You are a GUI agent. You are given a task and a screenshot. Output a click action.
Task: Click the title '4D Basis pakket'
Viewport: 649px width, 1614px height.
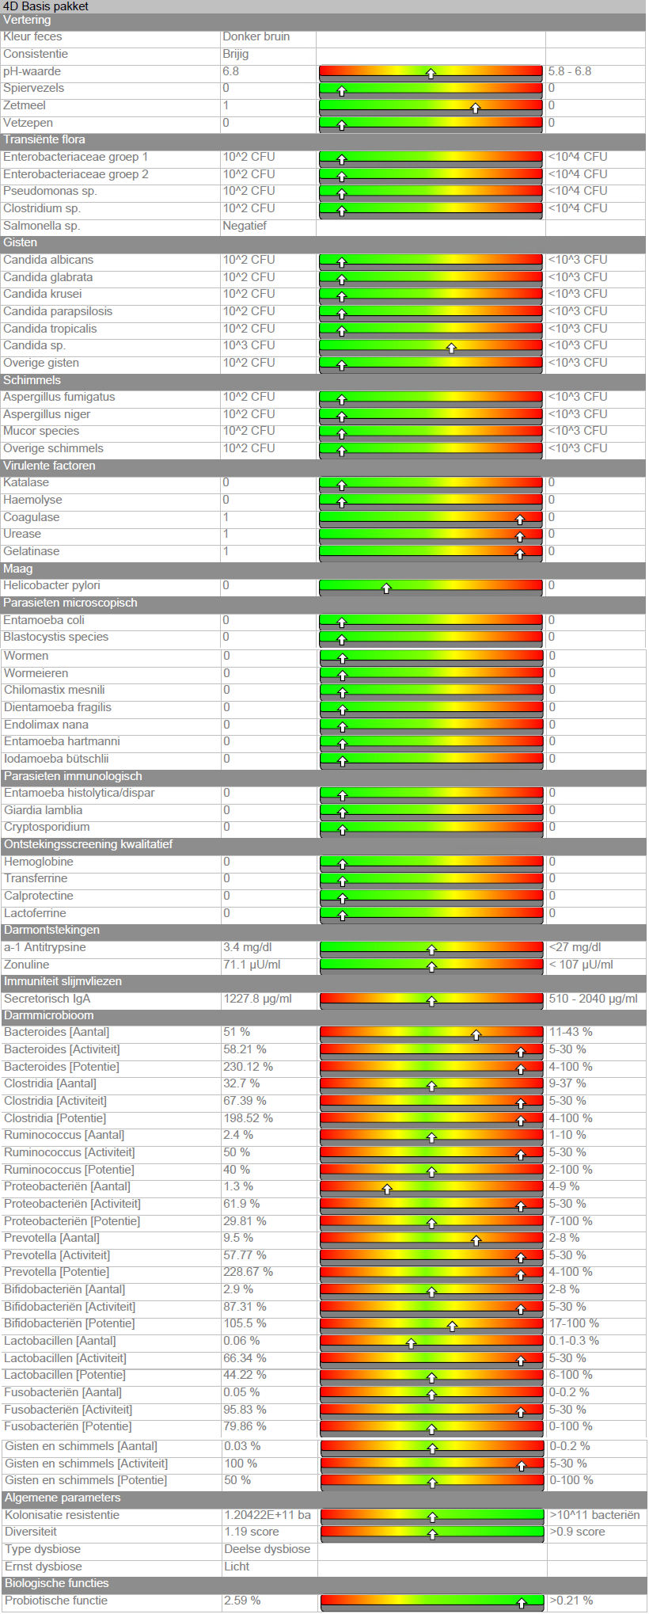(46, 6)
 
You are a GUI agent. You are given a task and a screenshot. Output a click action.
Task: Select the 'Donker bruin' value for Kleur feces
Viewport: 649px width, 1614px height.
(256, 36)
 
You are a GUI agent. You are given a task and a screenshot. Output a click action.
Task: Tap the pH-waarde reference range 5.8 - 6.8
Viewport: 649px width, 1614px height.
(570, 71)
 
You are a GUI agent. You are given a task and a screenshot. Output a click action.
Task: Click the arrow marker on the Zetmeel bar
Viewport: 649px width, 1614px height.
(476, 108)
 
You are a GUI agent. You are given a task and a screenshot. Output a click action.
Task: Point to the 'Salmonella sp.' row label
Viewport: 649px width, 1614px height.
(41, 226)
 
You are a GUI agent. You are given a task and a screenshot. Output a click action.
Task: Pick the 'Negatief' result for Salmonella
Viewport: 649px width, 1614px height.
(245, 226)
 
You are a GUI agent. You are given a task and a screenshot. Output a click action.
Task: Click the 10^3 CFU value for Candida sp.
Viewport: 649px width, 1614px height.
(249, 345)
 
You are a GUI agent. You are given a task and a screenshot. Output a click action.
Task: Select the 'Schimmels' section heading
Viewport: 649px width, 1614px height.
(32, 380)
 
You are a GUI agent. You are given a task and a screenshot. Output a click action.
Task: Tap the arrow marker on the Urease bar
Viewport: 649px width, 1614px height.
(520, 536)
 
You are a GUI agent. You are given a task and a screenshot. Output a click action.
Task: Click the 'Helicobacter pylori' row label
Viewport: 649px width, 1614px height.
(51, 585)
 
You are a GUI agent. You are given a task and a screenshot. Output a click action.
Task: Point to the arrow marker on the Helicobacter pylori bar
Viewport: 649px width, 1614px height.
(386, 588)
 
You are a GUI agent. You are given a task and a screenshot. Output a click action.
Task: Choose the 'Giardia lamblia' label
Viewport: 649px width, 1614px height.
(43, 810)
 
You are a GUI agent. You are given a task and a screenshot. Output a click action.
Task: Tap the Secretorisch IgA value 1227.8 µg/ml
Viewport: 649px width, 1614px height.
(257, 999)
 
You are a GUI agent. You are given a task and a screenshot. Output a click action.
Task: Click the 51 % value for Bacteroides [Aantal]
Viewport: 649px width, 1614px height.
(237, 1032)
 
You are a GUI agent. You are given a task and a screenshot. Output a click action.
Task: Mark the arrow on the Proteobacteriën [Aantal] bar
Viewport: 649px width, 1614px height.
(387, 1189)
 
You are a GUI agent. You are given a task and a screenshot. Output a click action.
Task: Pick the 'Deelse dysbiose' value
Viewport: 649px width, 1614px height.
(268, 1549)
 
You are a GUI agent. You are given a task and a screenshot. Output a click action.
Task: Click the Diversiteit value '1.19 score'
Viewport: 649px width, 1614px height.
(252, 1532)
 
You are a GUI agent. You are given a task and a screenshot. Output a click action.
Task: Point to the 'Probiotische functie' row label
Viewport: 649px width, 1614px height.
(56, 1601)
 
